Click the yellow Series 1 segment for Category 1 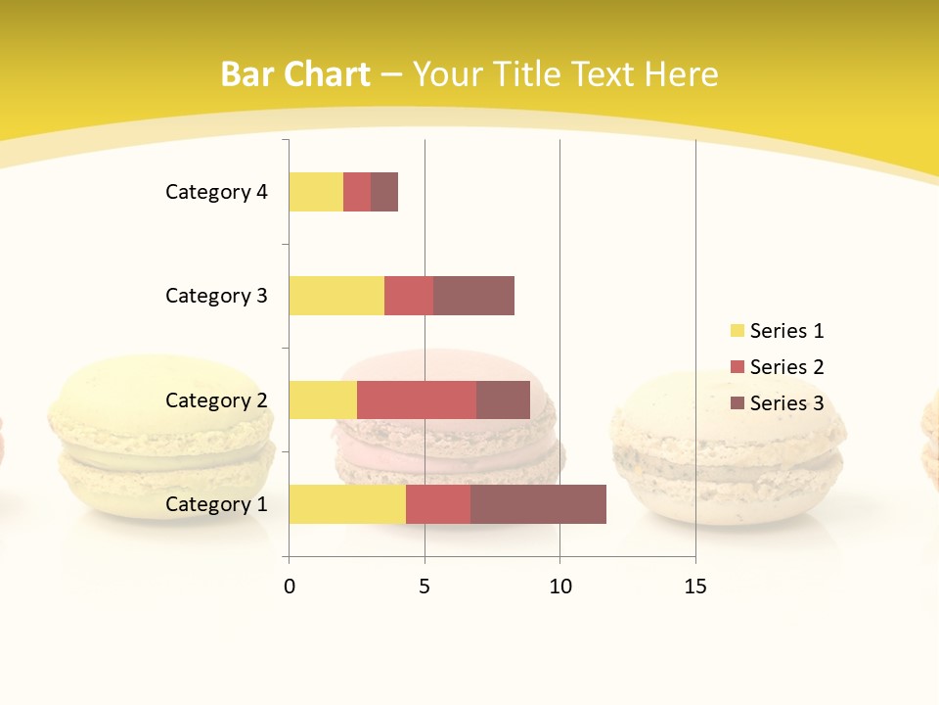tap(347, 504)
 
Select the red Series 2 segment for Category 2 tap(417, 399)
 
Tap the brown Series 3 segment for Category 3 tap(473, 296)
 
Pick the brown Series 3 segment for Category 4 tap(384, 192)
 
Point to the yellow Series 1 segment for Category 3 tap(336, 296)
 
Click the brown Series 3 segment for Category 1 tap(538, 504)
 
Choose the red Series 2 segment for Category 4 tap(357, 192)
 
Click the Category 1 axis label tap(216, 504)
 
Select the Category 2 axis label tap(216, 399)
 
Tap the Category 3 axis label tap(216, 296)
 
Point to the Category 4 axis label tap(216, 192)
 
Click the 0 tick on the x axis tap(289, 587)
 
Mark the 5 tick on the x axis tap(425, 587)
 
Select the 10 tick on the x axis tap(559, 587)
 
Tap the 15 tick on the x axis tap(695, 587)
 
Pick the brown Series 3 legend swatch tap(738, 403)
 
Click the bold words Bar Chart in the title tap(295, 74)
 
